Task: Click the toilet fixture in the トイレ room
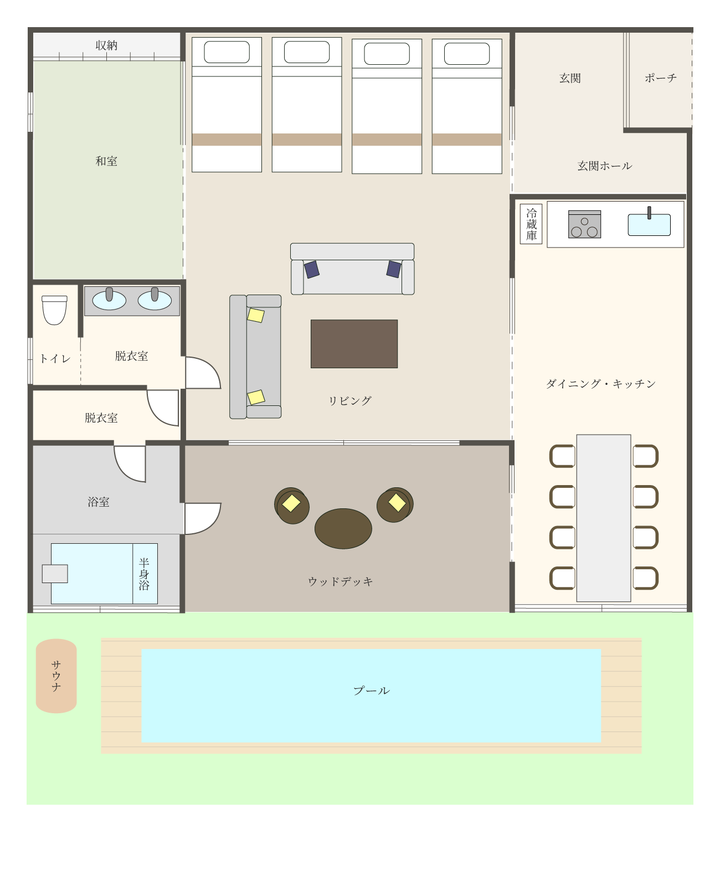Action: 54,310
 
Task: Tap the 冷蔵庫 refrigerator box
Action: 531,224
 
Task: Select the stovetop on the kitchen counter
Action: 584,224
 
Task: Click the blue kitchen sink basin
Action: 649,225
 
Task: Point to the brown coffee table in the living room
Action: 354,343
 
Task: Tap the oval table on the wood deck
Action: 343,528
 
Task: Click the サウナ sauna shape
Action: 56,676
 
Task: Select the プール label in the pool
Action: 372,691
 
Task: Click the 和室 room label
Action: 106,161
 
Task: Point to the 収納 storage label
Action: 106,45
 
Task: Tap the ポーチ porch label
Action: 661,78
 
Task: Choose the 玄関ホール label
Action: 604,166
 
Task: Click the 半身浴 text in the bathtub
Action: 144,574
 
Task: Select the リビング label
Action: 350,400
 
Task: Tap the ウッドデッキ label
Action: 340,581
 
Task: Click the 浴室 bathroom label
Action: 99,502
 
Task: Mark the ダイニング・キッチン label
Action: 600,384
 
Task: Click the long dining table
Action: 604,518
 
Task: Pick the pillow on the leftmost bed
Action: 227,52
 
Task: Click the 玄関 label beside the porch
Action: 570,78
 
